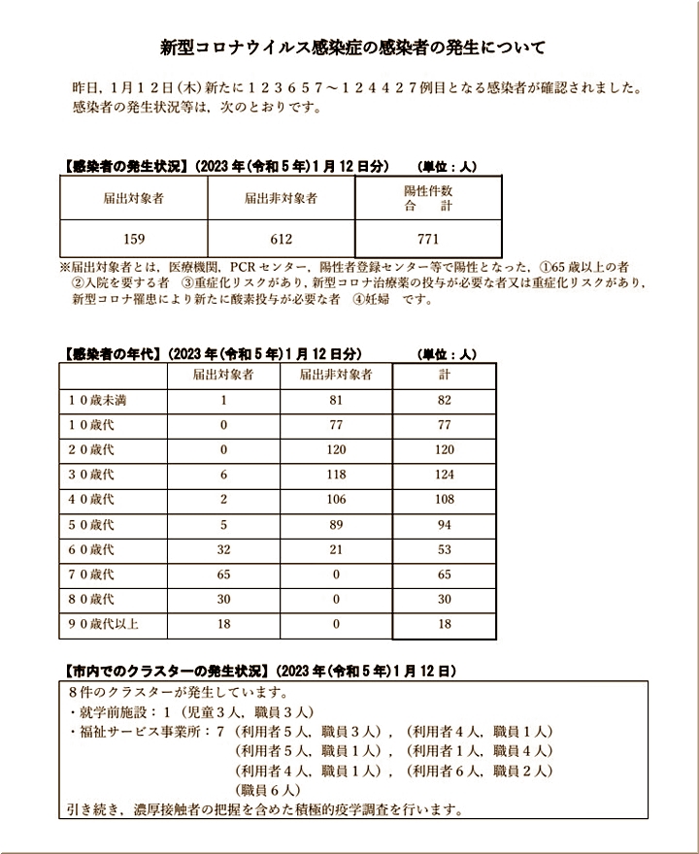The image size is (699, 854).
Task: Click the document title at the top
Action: [351, 47]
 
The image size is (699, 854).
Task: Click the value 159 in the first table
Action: [134, 239]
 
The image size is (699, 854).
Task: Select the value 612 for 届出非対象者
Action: [281, 239]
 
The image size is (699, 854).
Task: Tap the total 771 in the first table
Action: [428, 239]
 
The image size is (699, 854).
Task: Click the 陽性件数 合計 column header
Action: [428, 198]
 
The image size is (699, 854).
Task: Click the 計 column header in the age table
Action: [445, 375]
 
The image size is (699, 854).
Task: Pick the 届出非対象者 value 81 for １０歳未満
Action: [337, 400]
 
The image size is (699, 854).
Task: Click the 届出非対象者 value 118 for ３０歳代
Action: [337, 475]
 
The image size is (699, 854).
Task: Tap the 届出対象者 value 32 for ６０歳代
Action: [223, 550]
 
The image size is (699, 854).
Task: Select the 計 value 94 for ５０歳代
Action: [445, 525]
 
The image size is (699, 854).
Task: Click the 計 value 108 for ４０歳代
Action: [445, 500]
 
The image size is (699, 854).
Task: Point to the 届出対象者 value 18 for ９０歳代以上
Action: [223, 624]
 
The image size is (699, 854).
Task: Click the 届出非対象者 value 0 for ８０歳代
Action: [337, 600]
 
